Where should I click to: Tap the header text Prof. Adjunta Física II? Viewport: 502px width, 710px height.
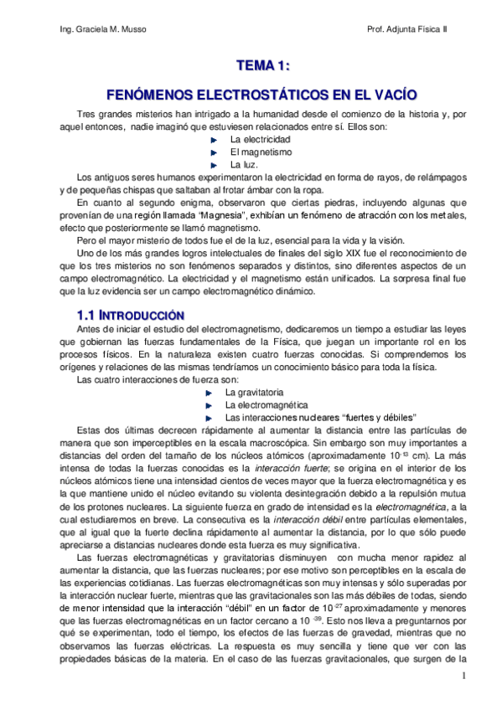(407, 29)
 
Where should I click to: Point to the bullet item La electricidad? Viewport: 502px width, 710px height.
(260, 138)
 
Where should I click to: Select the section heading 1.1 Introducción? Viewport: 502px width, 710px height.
(129, 317)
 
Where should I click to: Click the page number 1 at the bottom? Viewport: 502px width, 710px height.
(463, 673)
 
